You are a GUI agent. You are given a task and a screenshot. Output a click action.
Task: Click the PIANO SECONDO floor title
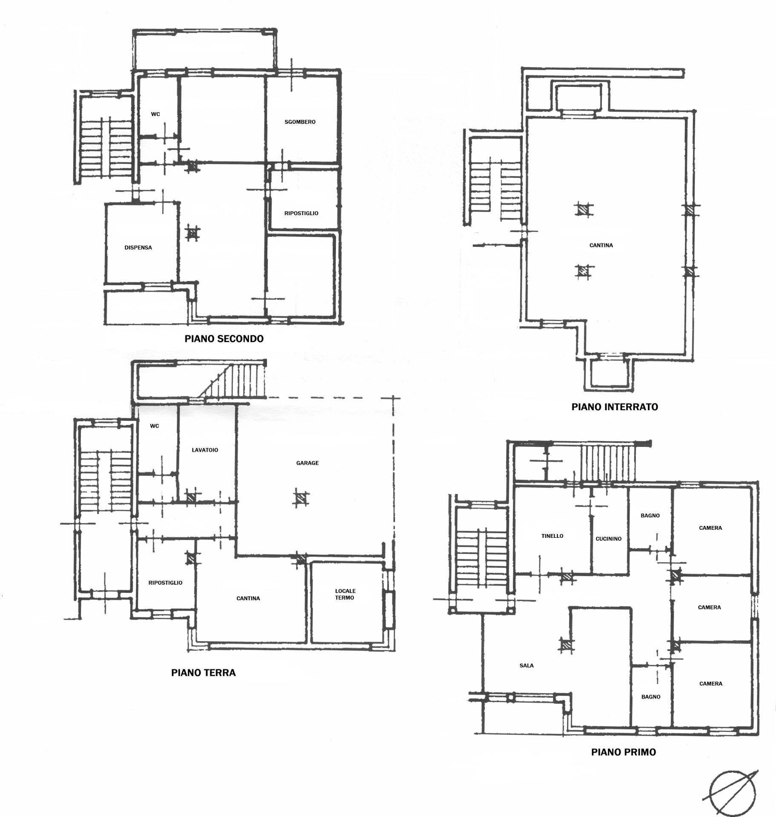224,339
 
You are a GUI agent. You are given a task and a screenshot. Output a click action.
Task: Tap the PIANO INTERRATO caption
614,407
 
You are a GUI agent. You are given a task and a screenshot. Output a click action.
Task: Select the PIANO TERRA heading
203,673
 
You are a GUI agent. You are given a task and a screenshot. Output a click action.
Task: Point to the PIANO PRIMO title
623,752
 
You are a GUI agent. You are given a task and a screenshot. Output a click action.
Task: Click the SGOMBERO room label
300,122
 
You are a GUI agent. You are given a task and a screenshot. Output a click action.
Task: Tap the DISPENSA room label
138,248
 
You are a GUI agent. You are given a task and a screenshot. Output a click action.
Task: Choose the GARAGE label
307,463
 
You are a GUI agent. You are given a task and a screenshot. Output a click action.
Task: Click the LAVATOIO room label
205,450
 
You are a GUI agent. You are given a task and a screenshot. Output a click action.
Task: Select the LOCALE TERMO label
345,594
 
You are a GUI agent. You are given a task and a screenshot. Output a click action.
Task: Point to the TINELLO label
552,536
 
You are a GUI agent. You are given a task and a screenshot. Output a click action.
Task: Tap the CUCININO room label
608,539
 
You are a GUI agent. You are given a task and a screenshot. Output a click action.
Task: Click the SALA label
526,666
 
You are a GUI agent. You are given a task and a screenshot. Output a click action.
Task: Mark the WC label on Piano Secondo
155,114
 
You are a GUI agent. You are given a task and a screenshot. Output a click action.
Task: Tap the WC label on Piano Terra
155,426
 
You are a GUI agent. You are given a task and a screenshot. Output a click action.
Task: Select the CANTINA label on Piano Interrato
601,246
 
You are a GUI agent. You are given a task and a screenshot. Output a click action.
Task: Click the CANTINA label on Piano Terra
248,598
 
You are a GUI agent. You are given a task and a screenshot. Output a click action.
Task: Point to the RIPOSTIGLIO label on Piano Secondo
301,213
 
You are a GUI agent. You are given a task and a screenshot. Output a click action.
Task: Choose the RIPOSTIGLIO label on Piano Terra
165,583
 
